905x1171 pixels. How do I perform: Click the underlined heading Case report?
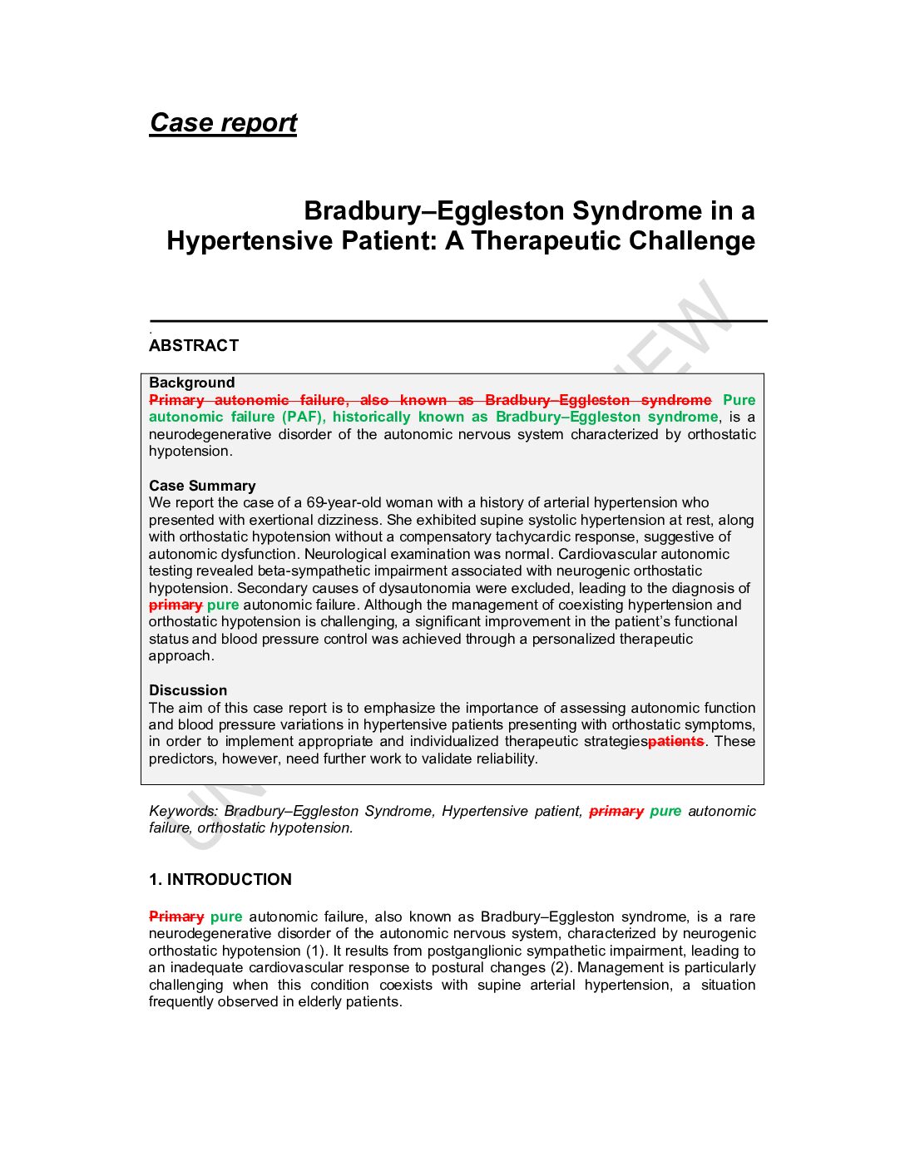coord(223,123)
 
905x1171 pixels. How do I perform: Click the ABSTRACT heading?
coord(194,346)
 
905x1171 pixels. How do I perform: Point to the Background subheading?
coord(192,383)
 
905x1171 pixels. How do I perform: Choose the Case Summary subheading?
coord(202,486)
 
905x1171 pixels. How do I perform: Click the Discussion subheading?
coord(188,690)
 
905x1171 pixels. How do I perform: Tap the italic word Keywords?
coord(183,811)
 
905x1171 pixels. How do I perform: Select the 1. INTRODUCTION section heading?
coord(220,880)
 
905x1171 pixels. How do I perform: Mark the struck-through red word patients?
coord(675,741)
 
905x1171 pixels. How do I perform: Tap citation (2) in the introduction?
coord(560,967)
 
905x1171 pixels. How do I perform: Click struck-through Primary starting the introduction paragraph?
coord(176,917)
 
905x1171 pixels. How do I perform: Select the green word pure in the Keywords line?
coord(665,811)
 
